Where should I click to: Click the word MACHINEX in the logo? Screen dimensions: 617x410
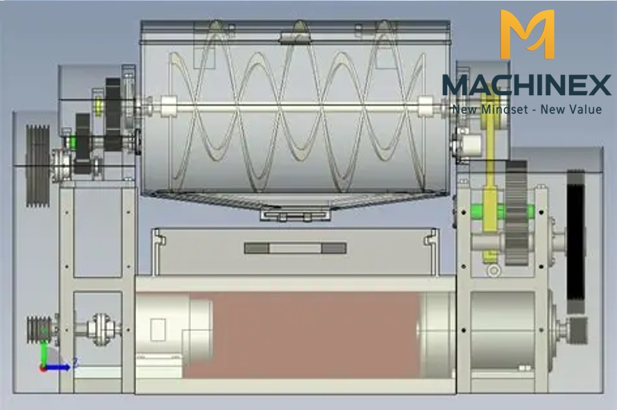[x=527, y=85]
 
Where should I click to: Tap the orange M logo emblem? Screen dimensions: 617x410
[x=527, y=34]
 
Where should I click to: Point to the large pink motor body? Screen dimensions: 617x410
[x=303, y=335]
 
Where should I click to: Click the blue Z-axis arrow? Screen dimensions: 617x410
[x=57, y=368]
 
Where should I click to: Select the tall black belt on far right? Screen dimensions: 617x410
[x=575, y=236]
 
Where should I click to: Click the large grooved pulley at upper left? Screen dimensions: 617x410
[x=37, y=166]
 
